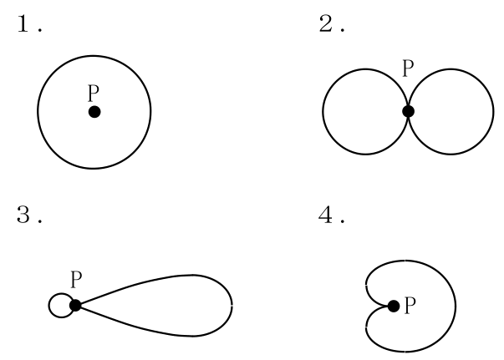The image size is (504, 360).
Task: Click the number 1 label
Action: [23, 23]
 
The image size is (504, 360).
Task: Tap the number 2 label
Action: [325, 23]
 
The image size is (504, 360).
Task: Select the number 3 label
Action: [23, 214]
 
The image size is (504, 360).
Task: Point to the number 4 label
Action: [325, 214]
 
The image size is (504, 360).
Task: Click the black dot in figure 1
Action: [94, 112]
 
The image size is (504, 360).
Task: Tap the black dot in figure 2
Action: [408, 111]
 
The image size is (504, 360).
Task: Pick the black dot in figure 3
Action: [75, 305]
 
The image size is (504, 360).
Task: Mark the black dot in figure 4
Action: [394, 306]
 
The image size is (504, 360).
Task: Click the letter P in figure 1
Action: [94, 93]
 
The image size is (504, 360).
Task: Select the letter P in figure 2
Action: [408, 68]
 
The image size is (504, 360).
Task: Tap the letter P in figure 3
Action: [76, 279]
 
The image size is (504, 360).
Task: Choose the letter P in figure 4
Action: [410, 306]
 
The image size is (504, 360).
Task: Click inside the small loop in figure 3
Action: [60, 306]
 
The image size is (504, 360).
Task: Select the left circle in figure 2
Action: [323, 112]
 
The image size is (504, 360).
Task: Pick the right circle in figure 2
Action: [493, 112]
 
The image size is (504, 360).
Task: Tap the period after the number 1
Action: [40, 30]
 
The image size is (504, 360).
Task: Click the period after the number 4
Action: [343, 221]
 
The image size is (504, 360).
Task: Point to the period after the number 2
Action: [343, 30]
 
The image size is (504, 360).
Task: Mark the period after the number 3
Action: [40, 221]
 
